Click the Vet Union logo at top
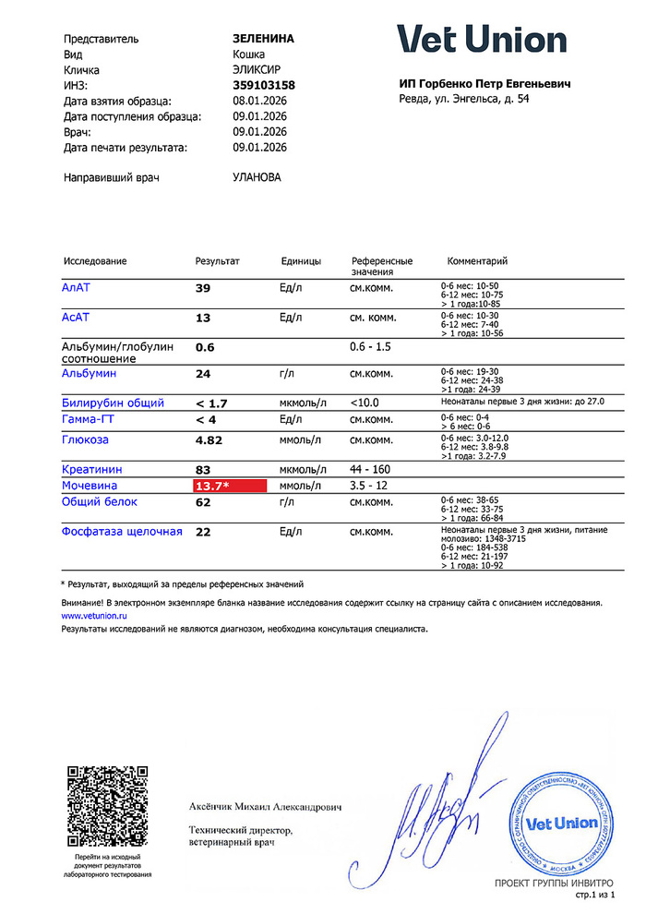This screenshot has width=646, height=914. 482,40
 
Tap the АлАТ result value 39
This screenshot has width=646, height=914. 203,289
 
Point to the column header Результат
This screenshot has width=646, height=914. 217,261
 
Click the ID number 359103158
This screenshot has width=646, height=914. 264,85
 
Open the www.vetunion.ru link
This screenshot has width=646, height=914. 93,614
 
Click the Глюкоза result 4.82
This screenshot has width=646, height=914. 209,440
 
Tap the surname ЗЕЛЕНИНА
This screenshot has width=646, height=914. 263,39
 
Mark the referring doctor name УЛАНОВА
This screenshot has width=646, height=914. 257,177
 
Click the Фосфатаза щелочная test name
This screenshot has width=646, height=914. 122,532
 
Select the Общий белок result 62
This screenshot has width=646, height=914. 203,502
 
